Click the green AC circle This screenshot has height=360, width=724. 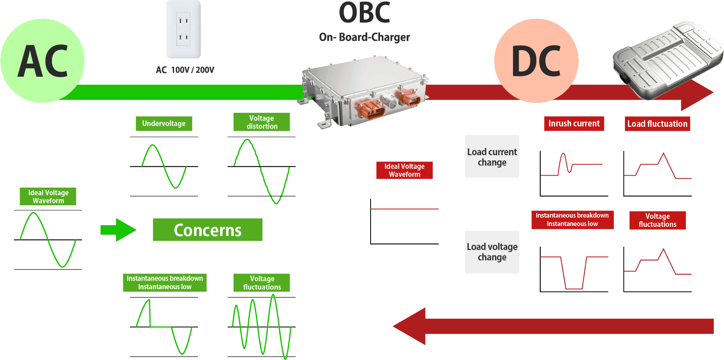click(x=42, y=61)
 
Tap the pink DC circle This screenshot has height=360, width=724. click(x=536, y=61)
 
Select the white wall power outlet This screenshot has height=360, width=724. click(x=184, y=29)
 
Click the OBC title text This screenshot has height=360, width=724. click(x=365, y=12)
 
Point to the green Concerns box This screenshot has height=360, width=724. click(x=207, y=230)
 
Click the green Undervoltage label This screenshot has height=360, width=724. click(x=164, y=124)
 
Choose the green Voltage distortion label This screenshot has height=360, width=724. click(x=262, y=122)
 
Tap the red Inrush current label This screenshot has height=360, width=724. click(x=574, y=124)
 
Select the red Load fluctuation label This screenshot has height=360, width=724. click(x=657, y=124)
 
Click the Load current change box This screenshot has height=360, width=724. click(x=492, y=156)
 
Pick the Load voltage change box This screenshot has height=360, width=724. click(x=492, y=252)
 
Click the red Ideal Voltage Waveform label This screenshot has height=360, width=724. click(x=404, y=170)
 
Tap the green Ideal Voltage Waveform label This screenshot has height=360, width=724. click(x=48, y=197)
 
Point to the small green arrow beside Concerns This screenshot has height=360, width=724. click(x=118, y=230)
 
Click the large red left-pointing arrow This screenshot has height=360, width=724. click(x=552, y=326)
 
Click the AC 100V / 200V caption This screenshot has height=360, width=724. click(x=185, y=70)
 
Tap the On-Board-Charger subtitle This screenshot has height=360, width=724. click(x=365, y=37)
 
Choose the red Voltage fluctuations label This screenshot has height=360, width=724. click(x=657, y=220)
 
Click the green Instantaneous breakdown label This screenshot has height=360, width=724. click(x=164, y=282)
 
